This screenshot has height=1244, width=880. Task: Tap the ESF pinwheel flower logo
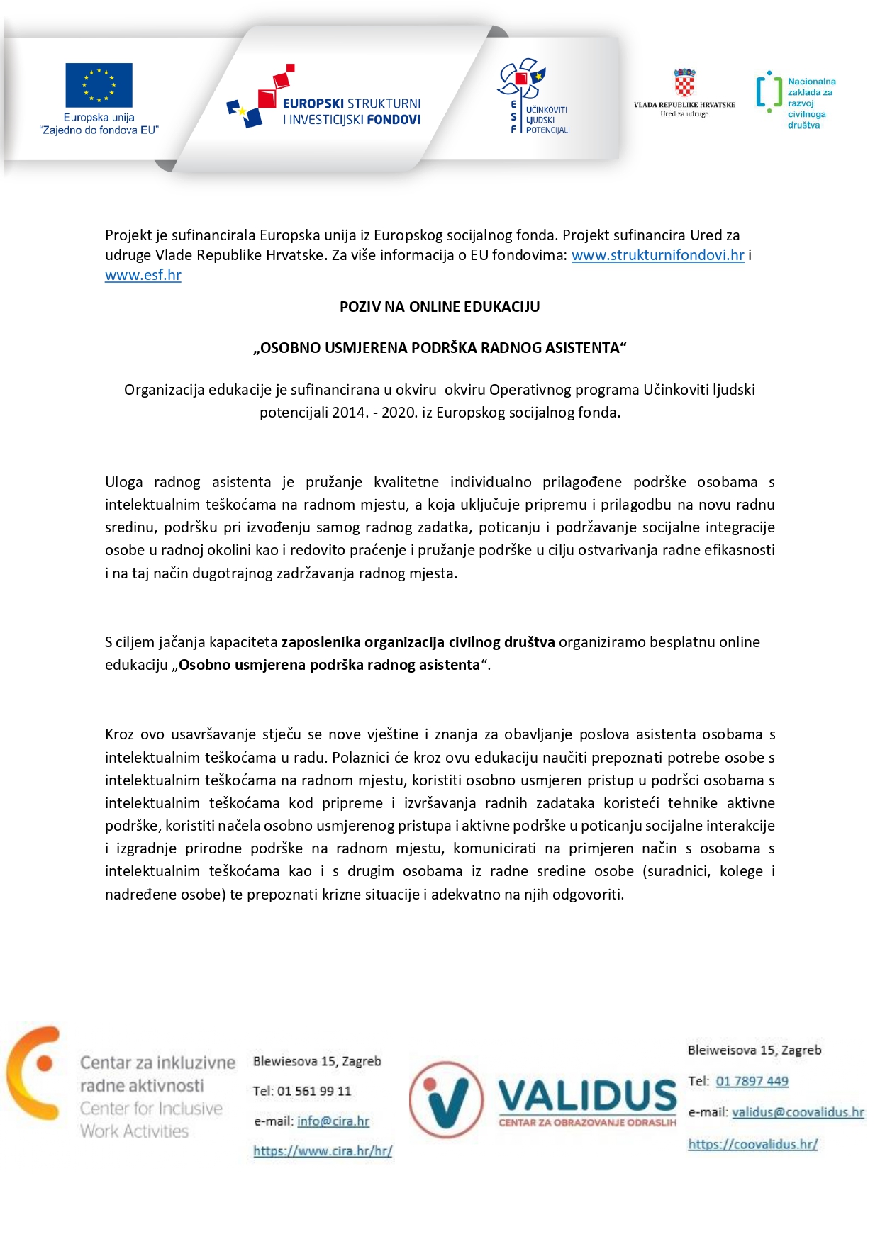pos(522,78)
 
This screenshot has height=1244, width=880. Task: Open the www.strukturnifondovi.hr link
pos(657,255)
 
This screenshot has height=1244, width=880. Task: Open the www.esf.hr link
pos(143,275)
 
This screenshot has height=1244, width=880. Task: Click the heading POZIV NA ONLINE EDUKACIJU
pos(440,307)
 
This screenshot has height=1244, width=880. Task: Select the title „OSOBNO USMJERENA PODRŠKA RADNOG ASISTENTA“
pos(440,348)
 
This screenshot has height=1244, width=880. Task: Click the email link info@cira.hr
pos(333,1121)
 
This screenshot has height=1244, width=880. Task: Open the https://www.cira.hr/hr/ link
pos(323,1150)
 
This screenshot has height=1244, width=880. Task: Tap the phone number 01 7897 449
pos(752,1081)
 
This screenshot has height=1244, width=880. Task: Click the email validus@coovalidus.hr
pos(798,1112)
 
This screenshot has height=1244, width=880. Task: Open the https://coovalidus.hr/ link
pos(752,1144)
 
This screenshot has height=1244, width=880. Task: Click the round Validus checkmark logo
pos(446,1099)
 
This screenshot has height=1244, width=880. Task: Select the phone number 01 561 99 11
pos(314,1091)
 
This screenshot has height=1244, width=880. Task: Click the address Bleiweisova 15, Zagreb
pos(754,1050)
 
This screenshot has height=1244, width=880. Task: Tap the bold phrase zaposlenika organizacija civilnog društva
pos(418,642)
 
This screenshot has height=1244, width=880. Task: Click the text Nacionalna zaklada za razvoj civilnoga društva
pos(811,103)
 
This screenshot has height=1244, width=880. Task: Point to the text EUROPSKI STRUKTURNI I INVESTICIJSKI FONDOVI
pos(352,111)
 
